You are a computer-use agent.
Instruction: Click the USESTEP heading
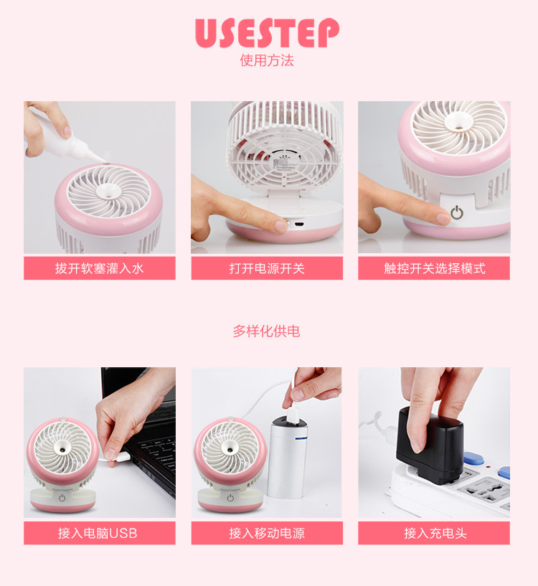point(267,32)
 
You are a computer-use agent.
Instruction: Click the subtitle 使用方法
point(267,60)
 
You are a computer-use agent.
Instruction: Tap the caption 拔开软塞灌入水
point(100,268)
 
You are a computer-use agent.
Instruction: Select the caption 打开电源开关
point(267,268)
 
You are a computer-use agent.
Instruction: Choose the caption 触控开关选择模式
point(434,268)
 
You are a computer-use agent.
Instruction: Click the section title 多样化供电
point(266,331)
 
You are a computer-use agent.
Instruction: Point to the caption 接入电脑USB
point(100,533)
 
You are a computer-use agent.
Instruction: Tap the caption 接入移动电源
point(267,533)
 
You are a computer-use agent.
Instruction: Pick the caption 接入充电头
point(434,533)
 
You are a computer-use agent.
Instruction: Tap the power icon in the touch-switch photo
point(457,212)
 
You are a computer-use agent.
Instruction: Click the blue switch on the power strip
point(474,458)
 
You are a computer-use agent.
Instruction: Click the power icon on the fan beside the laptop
point(63,497)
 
